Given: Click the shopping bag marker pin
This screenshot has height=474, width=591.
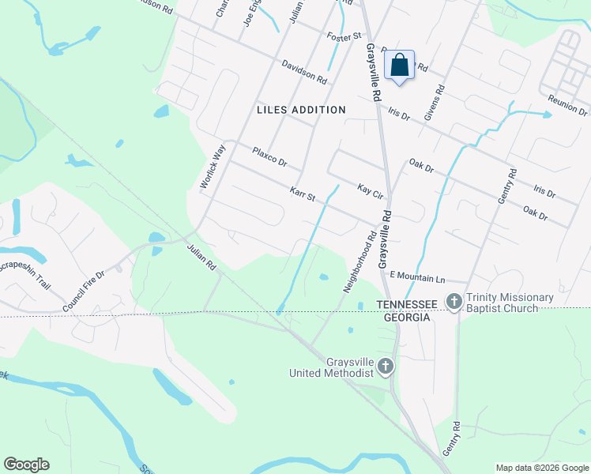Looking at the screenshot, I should [399, 66].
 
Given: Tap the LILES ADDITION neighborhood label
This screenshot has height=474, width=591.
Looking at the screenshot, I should [301, 110].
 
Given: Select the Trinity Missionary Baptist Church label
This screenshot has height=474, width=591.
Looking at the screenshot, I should [510, 303].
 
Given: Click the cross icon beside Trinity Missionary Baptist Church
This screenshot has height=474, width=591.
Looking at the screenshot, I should [454, 301].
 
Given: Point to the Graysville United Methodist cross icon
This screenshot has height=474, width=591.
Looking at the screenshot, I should [385, 366].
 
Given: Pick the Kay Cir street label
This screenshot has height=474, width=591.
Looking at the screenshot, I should [370, 190].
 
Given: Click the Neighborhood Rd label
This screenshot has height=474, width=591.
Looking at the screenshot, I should [359, 261].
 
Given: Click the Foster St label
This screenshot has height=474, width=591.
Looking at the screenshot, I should [344, 36].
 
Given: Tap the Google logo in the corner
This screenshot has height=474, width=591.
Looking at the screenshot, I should [26, 465].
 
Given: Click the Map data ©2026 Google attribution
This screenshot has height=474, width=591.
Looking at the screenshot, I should [542, 468].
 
